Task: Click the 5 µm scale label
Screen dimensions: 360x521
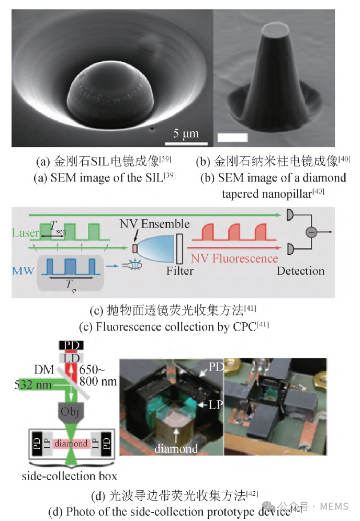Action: click(x=186, y=133)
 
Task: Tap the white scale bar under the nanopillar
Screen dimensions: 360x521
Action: click(x=232, y=137)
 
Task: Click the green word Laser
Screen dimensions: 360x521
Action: click(x=25, y=233)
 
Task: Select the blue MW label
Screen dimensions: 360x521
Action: click(x=23, y=271)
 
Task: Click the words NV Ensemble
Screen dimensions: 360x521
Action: click(x=154, y=224)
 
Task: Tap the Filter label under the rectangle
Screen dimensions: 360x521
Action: click(x=180, y=271)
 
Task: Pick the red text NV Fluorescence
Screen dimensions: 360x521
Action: click(x=234, y=258)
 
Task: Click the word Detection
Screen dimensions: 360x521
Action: click(x=300, y=271)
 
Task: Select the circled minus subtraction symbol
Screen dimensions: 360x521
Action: click(x=311, y=232)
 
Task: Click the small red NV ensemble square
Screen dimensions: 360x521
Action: click(x=134, y=248)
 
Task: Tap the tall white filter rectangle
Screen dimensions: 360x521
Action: click(x=179, y=248)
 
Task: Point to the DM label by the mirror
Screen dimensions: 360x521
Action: click(x=44, y=369)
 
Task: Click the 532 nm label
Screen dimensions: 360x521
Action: click(x=33, y=384)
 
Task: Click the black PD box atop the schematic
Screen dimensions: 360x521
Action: click(x=71, y=345)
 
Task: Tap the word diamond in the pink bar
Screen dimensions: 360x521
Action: click(x=71, y=443)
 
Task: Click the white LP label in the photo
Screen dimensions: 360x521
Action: click(x=216, y=404)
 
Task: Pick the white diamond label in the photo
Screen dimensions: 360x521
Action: click(x=176, y=449)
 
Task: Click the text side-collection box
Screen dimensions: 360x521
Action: click(x=70, y=476)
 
